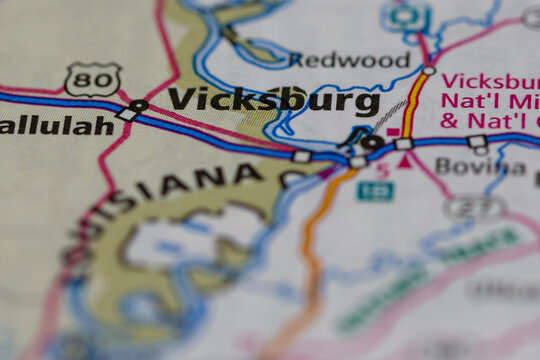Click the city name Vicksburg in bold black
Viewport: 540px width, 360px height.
[274, 100]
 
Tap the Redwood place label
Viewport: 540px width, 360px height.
[350, 60]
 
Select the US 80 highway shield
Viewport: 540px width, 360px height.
[93, 79]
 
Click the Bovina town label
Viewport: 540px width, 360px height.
[481, 167]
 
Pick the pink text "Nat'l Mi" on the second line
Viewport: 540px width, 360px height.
[490, 102]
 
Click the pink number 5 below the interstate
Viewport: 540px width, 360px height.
[382, 170]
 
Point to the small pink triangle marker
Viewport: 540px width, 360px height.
[405, 161]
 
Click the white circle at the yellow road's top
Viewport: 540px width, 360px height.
[429, 70]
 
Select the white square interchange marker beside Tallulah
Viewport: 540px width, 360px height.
[127, 115]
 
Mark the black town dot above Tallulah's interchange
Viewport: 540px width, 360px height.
[138, 105]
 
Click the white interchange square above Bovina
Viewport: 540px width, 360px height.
[477, 142]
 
